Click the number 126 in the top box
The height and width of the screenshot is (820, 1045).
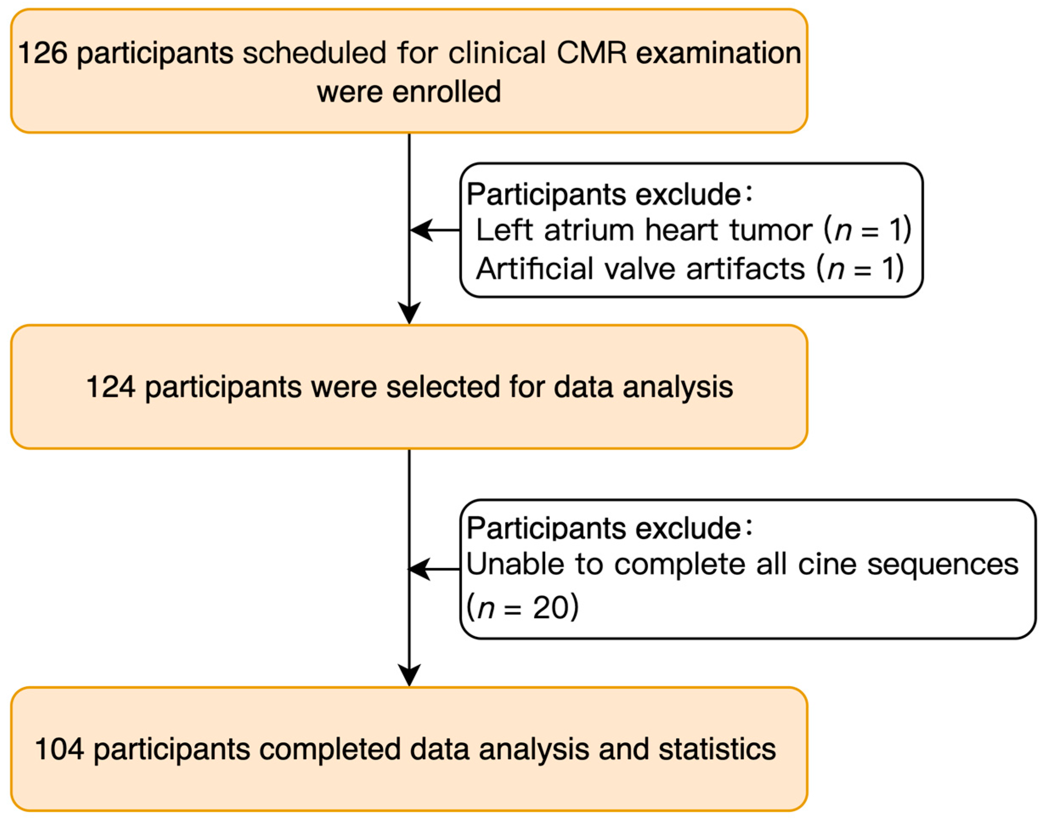(42, 53)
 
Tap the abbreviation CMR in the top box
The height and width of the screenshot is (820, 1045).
(591, 53)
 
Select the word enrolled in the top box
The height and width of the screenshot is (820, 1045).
(446, 92)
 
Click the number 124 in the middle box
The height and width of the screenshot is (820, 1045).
(110, 387)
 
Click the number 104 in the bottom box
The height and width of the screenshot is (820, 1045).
(59, 749)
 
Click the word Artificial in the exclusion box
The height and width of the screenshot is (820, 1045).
(535, 269)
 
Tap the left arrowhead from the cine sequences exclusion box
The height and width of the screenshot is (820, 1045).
(418, 569)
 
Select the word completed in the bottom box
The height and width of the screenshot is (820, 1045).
(329, 749)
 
